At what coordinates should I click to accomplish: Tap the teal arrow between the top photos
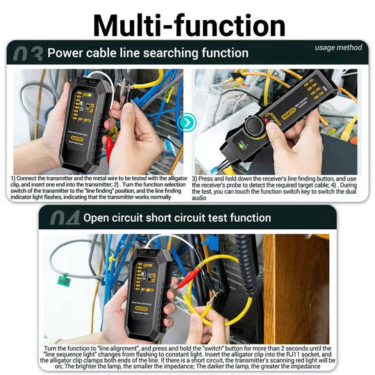(187, 123)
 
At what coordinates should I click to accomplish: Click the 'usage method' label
(338, 47)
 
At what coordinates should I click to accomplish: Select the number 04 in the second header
(64, 218)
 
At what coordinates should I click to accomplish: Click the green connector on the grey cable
(64, 280)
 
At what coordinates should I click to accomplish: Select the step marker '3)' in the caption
(196, 179)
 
